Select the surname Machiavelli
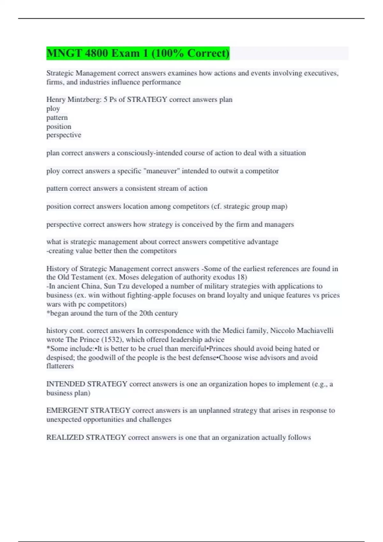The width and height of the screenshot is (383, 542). coord(315,331)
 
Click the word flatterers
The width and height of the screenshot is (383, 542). coord(60,366)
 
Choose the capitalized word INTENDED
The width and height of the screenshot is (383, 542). coord(66,384)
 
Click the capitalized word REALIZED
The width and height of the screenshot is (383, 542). coord(65,437)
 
